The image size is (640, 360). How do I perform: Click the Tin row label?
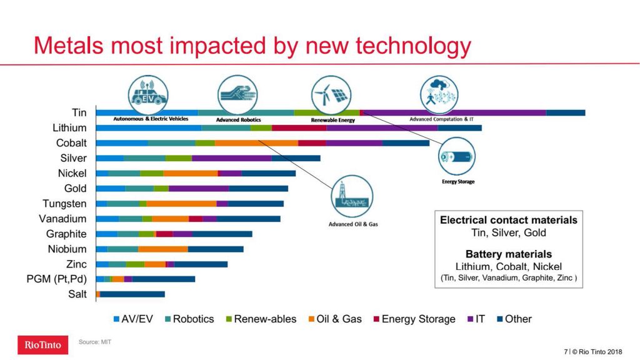(x=79, y=112)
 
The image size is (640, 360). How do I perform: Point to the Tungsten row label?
(x=64, y=204)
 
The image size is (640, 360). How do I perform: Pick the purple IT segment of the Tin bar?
(x=454, y=112)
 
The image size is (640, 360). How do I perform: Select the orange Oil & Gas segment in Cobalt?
(x=256, y=143)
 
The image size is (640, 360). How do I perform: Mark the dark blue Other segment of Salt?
(x=132, y=294)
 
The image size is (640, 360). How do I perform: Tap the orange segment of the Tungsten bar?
(x=181, y=204)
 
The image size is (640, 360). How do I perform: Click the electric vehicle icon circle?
(x=148, y=94)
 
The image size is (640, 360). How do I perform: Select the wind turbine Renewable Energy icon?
(x=331, y=94)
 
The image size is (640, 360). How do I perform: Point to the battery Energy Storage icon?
(x=457, y=156)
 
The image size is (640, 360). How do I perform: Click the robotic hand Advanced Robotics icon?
(x=237, y=94)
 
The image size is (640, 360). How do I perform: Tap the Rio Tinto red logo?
(x=42, y=345)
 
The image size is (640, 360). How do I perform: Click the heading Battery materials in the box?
(x=508, y=254)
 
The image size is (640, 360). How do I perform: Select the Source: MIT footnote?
(x=95, y=342)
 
